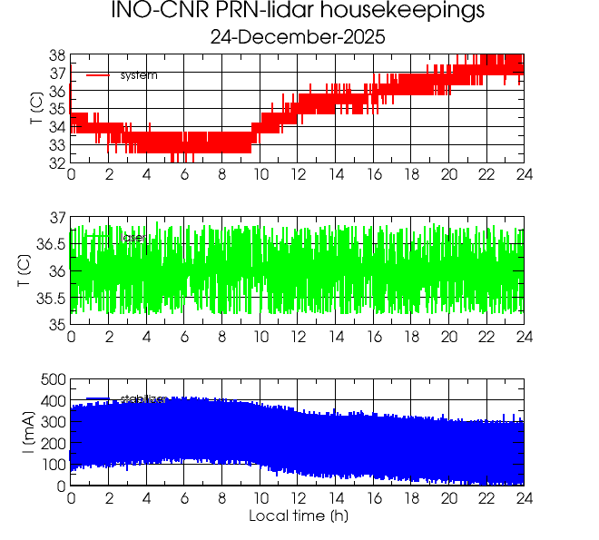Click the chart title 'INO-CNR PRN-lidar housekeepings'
(x=298, y=12)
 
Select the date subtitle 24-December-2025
(x=298, y=38)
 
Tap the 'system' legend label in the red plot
(x=139, y=75)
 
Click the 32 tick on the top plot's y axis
(x=56, y=162)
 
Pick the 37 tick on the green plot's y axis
(x=56, y=218)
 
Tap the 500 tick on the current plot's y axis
(x=53, y=379)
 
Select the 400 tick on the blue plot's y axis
(x=53, y=401)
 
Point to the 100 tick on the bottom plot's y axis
(x=53, y=465)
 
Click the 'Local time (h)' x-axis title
(x=298, y=516)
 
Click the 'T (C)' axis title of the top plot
(x=34, y=108)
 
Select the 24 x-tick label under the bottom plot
(x=524, y=498)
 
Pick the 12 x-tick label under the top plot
(x=298, y=175)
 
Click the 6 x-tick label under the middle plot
(x=184, y=337)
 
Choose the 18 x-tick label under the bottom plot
(x=411, y=498)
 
